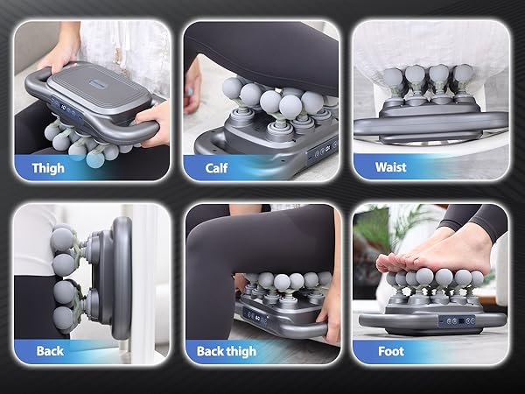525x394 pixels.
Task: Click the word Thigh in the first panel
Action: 47,167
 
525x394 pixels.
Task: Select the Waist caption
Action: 389,167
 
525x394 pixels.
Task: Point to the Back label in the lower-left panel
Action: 50,351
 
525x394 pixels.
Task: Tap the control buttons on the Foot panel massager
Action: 457,320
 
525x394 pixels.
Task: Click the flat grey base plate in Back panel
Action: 121,280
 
